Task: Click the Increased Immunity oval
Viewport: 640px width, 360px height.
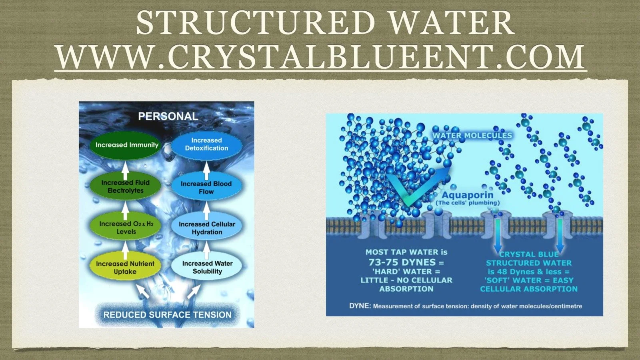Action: click(x=127, y=145)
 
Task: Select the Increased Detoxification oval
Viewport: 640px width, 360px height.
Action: click(x=206, y=144)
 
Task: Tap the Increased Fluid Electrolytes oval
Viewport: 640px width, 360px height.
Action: click(x=125, y=186)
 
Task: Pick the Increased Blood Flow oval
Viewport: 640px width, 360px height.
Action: click(x=206, y=188)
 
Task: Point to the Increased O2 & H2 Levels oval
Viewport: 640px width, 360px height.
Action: click(x=126, y=227)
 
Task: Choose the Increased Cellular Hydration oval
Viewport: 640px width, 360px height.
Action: click(x=207, y=228)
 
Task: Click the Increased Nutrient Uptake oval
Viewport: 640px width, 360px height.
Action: click(x=125, y=267)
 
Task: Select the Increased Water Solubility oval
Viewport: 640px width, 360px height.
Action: click(x=207, y=267)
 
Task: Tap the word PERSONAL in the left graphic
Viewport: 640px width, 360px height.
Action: click(x=168, y=116)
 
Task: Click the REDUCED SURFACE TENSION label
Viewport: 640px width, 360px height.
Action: click(x=167, y=315)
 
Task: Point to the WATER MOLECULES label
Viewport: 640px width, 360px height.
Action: click(x=472, y=136)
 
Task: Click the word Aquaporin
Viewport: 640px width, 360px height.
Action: click(x=467, y=195)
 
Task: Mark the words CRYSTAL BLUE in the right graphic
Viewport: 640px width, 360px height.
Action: click(x=529, y=254)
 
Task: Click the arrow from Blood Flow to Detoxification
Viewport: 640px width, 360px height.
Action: click(x=206, y=170)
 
